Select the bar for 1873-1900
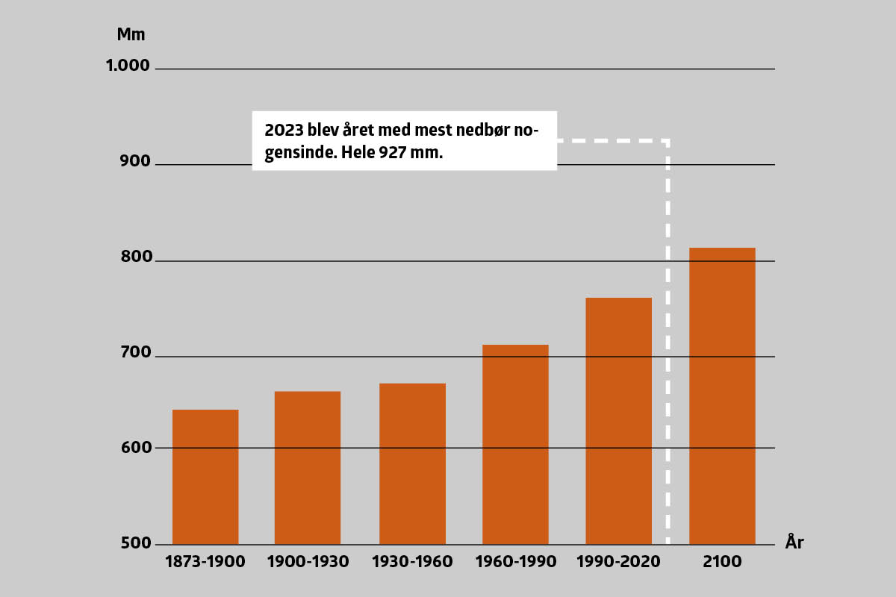coord(205,477)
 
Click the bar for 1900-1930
coord(308,468)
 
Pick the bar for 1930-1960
coord(412,463)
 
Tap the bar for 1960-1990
coord(515,444)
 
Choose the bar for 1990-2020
coord(618,421)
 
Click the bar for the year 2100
coord(722,396)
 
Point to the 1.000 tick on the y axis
coord(128,66)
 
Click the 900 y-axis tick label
coord(135,162)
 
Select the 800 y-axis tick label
coord(135,257)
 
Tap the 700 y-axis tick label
coord(135,353)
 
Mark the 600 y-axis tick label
coord(135,448)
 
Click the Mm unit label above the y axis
coord(131,34)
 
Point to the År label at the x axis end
coord(794,542)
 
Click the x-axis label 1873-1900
coord(205,562)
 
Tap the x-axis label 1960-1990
coord(516,562)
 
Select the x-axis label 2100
coord(722,562)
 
